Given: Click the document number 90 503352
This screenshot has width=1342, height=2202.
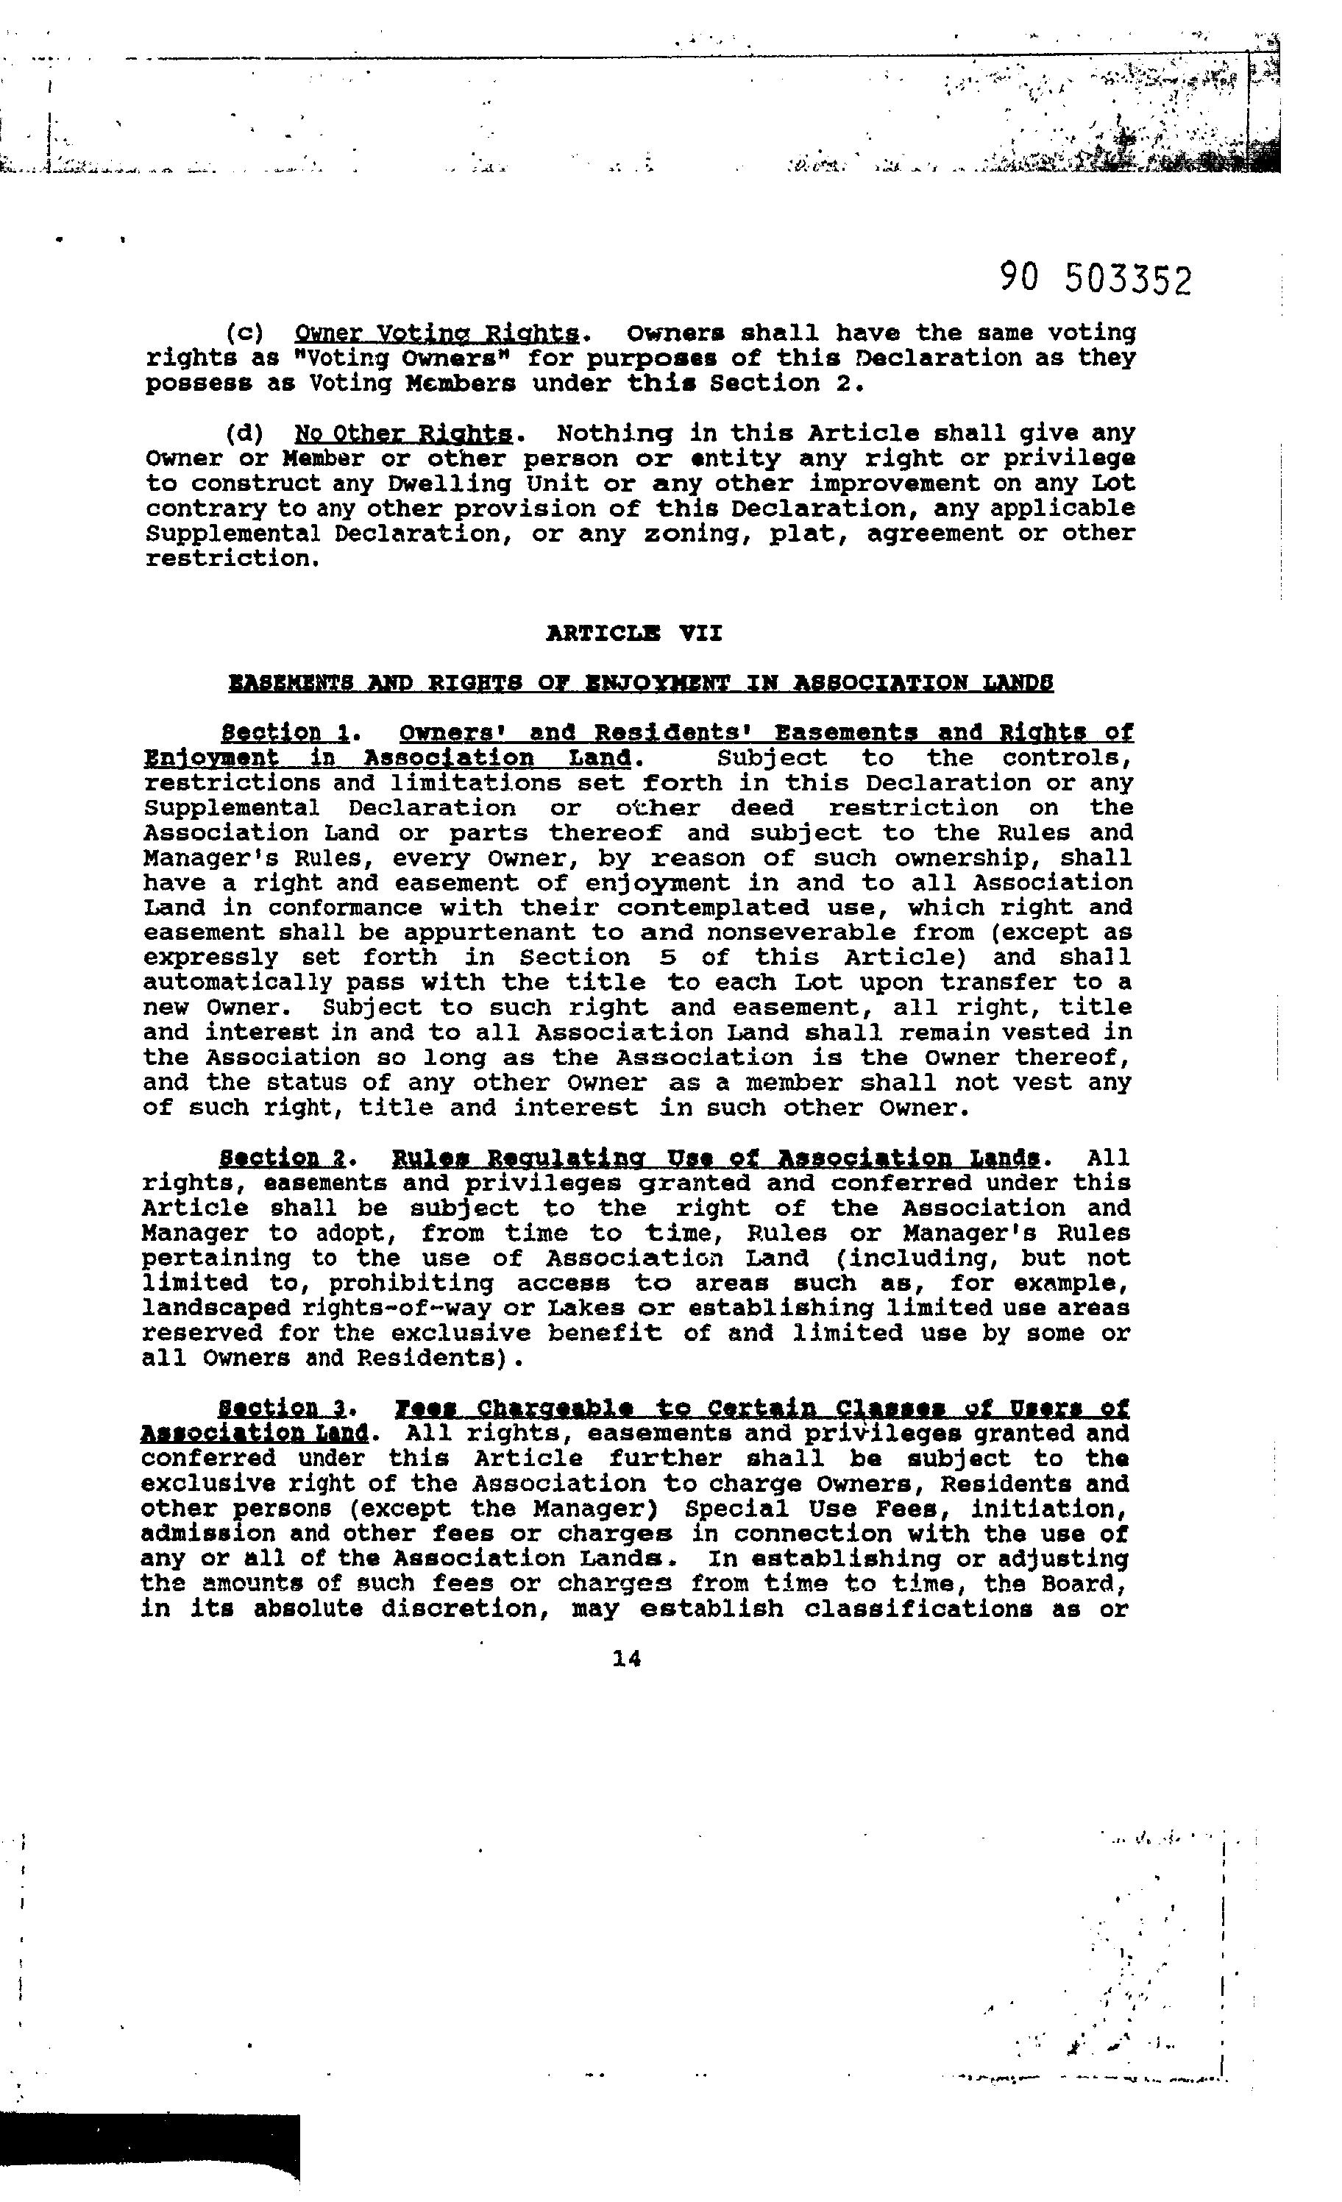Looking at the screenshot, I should pyautogui.click(x=1096, y=280).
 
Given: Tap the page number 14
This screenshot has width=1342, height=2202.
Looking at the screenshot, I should pyautogui.click(x=626, y=1659).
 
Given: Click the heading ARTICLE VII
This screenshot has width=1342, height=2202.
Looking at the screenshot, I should pyautogui.click(x=633, y=634).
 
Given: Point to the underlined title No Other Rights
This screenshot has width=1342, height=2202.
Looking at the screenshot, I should pyautogui.click(x=403, y=434).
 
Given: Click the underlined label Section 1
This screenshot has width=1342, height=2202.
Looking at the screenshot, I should pyautogui.click(x=284, y=733).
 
